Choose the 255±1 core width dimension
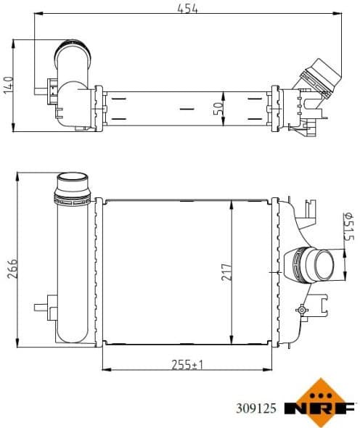tap(187, 363)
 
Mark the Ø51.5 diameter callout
tap(347, 226)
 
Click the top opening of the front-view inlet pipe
tap(73, 178)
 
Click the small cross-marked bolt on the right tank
tap(300, 309)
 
